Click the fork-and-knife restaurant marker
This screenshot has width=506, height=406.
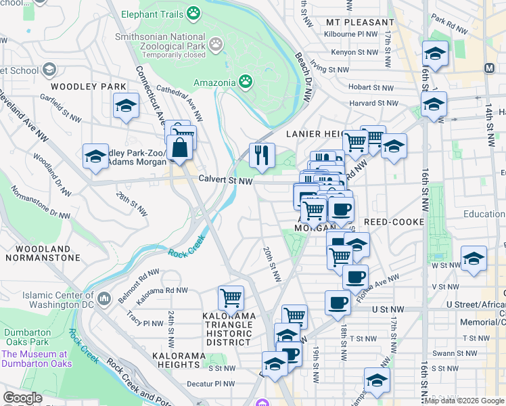(262, 156)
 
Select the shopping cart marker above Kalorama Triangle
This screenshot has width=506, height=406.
(231, 297)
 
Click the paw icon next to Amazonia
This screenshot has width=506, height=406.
(245, 82)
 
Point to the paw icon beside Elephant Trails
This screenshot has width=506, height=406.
(194, 13)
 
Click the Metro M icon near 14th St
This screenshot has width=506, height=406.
(489, 68)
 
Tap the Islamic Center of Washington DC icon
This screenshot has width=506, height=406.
(104, 298)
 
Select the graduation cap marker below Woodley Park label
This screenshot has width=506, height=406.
(126, 106)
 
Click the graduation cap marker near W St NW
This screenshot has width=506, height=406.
(474, 259)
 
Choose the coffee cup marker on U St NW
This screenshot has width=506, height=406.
(338, 302)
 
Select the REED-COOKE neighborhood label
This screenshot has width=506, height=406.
(394, 222)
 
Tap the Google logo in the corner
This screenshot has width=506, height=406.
(23, 398)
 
